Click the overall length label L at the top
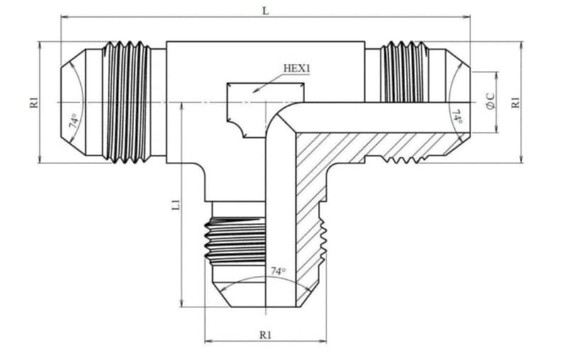click(265, 11)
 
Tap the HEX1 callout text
click(297, 68)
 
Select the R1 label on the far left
click(33, 102)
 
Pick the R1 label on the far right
click(515, 102)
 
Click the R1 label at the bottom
click(265, 335)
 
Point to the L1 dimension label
click(176, 204)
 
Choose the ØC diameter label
click(490, 101)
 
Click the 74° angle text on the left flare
click(73, 121)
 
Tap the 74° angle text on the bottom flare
click(278, 271)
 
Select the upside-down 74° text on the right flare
click(459, 116)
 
